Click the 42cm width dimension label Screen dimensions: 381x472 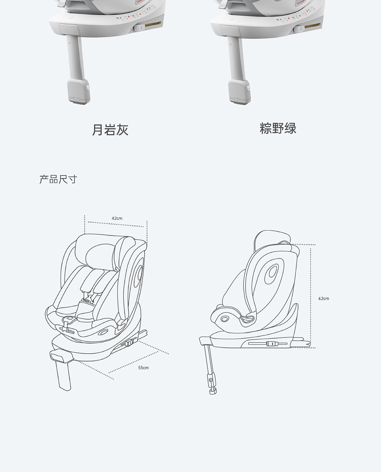[117, 218]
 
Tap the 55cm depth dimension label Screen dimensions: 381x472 [143, 368]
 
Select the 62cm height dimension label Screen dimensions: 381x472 [324, 298]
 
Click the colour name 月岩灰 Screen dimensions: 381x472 [110, 130]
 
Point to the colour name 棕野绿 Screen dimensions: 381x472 [278, 129]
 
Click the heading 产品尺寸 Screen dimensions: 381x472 [58, 179]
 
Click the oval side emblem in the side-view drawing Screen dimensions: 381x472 [272, 272]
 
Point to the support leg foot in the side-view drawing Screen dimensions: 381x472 [212, 391]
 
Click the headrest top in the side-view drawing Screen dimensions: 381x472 [270, 235]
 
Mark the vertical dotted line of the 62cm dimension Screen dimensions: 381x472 [311, 295]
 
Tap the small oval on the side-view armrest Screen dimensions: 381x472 [225, 318]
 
